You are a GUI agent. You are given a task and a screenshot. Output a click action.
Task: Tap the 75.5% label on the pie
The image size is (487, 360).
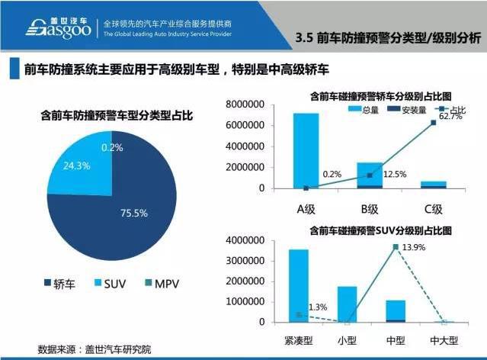[x=134, y=213]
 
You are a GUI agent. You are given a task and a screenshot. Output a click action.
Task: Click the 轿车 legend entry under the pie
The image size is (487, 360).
[x=57, y=284]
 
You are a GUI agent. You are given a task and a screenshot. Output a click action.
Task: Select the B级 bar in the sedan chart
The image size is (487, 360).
[x=370, y=175]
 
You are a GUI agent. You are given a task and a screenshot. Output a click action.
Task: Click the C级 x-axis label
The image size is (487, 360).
[x=434, y=208]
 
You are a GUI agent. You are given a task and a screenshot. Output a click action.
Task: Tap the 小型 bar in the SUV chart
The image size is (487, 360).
[x=347, y=304]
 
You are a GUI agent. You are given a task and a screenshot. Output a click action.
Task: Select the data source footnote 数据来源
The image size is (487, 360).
[x=95, y=349]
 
